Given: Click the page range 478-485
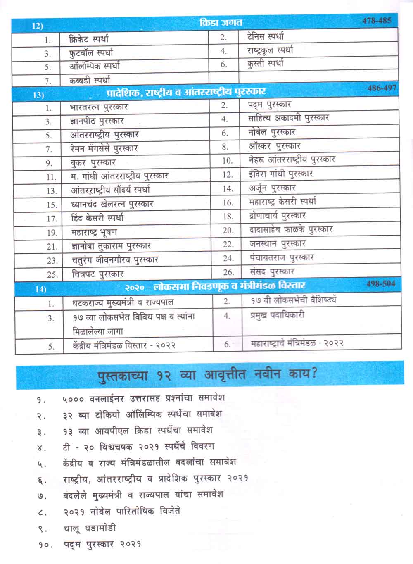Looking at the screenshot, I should pos(376,21).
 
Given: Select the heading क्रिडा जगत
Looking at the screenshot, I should pos(221,23).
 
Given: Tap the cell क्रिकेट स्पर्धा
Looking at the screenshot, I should pos(89,39).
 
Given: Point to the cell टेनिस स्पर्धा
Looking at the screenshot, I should pos(265,36).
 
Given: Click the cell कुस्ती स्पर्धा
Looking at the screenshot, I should pos(265,64).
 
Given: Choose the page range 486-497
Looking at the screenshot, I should pos(382,88).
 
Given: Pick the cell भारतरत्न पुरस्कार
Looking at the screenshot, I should pos(99,107).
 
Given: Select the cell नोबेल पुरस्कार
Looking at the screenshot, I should pos(272,132).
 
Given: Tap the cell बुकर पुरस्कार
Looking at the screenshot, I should pos(93,162).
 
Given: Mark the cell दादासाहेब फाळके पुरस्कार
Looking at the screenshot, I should pos(291,229).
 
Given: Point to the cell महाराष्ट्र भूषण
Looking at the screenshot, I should pos(94,232).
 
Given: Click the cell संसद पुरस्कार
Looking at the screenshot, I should pos(272,271).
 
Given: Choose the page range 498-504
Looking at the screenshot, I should pos(380,284).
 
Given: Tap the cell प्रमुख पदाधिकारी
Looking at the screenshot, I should pos(277,315).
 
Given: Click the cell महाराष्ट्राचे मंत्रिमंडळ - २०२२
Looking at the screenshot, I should pos(297,343).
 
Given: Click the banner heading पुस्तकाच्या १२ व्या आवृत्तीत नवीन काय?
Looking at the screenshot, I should pos(207,375).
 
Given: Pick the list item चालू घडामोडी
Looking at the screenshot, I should pos(90,528).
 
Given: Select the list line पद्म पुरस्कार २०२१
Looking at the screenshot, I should pos(102,544).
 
